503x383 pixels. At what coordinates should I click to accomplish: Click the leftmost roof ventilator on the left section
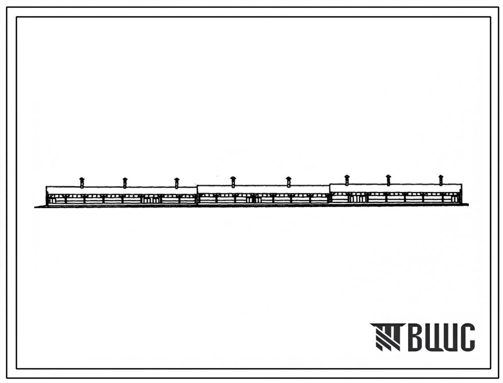point(82,182)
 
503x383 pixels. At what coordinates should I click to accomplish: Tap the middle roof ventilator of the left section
point(125,183)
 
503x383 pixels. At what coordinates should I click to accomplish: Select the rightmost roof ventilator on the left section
point(177,183)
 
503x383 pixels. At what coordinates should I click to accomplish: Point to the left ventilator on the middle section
point(233,182)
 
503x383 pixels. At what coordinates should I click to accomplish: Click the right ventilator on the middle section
point(288,182)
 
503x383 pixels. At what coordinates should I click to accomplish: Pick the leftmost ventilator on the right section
point(347,180)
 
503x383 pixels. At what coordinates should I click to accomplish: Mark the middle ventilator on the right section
point(388,180)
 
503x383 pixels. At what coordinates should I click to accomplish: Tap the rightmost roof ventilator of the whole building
point(441,180)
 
